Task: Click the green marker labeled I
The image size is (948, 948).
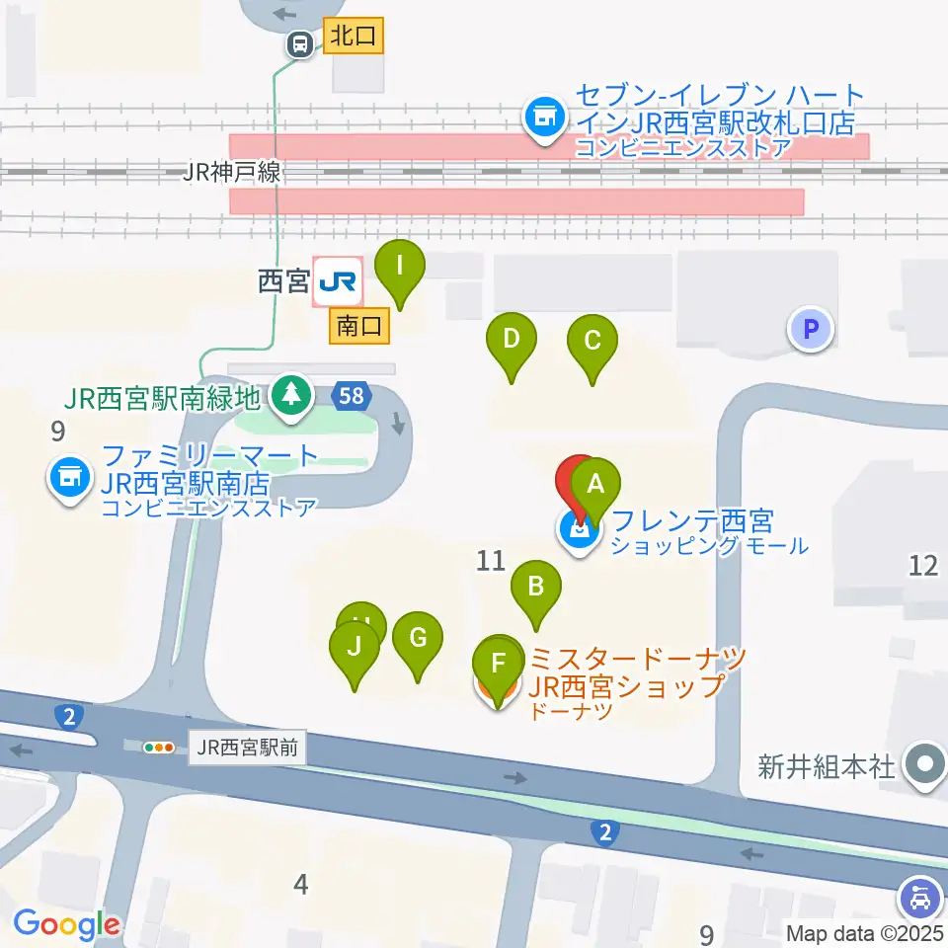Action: tap(400, 267)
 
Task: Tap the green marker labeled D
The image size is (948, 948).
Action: tap(512, 341)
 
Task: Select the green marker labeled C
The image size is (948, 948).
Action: tap(592, 342)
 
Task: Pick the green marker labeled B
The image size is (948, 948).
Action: tap(535, 588)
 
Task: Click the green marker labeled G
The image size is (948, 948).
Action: tap(418, 638)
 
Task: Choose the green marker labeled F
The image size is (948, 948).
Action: tap(498, 663)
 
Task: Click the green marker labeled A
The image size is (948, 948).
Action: tap(595, 485)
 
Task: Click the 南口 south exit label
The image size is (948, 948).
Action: tap(359, 326)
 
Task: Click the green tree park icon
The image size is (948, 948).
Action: tap(289, 397)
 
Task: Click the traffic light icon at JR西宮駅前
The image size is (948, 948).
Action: tap(158, 748)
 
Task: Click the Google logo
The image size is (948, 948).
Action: tap(66, 924)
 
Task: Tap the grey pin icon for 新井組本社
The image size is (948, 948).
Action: tap(924, 765)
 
